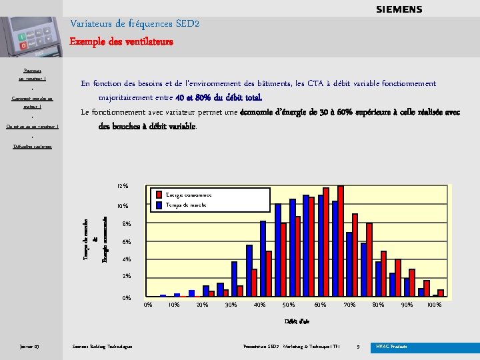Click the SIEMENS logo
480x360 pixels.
[x=399, y=9]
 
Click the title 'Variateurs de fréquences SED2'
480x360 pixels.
[x=135, y=24]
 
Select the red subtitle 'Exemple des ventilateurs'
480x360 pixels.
[x=122, y=41]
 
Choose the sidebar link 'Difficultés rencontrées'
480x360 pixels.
[x=32, y=146]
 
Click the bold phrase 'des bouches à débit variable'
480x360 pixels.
[x=147, y=126]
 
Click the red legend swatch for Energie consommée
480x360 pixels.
[x=158, y=195]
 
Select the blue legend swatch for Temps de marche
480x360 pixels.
[x=158, y=205]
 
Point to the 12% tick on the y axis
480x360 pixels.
[x=122, y=186]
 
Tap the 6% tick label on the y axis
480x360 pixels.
[x=126, y=242]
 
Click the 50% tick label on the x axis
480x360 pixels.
[x=289, y=305]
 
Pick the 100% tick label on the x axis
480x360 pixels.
[x=434, y=305]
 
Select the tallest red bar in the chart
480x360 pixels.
[x=341, y=241]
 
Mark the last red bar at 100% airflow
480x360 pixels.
[x=441, y=293]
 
